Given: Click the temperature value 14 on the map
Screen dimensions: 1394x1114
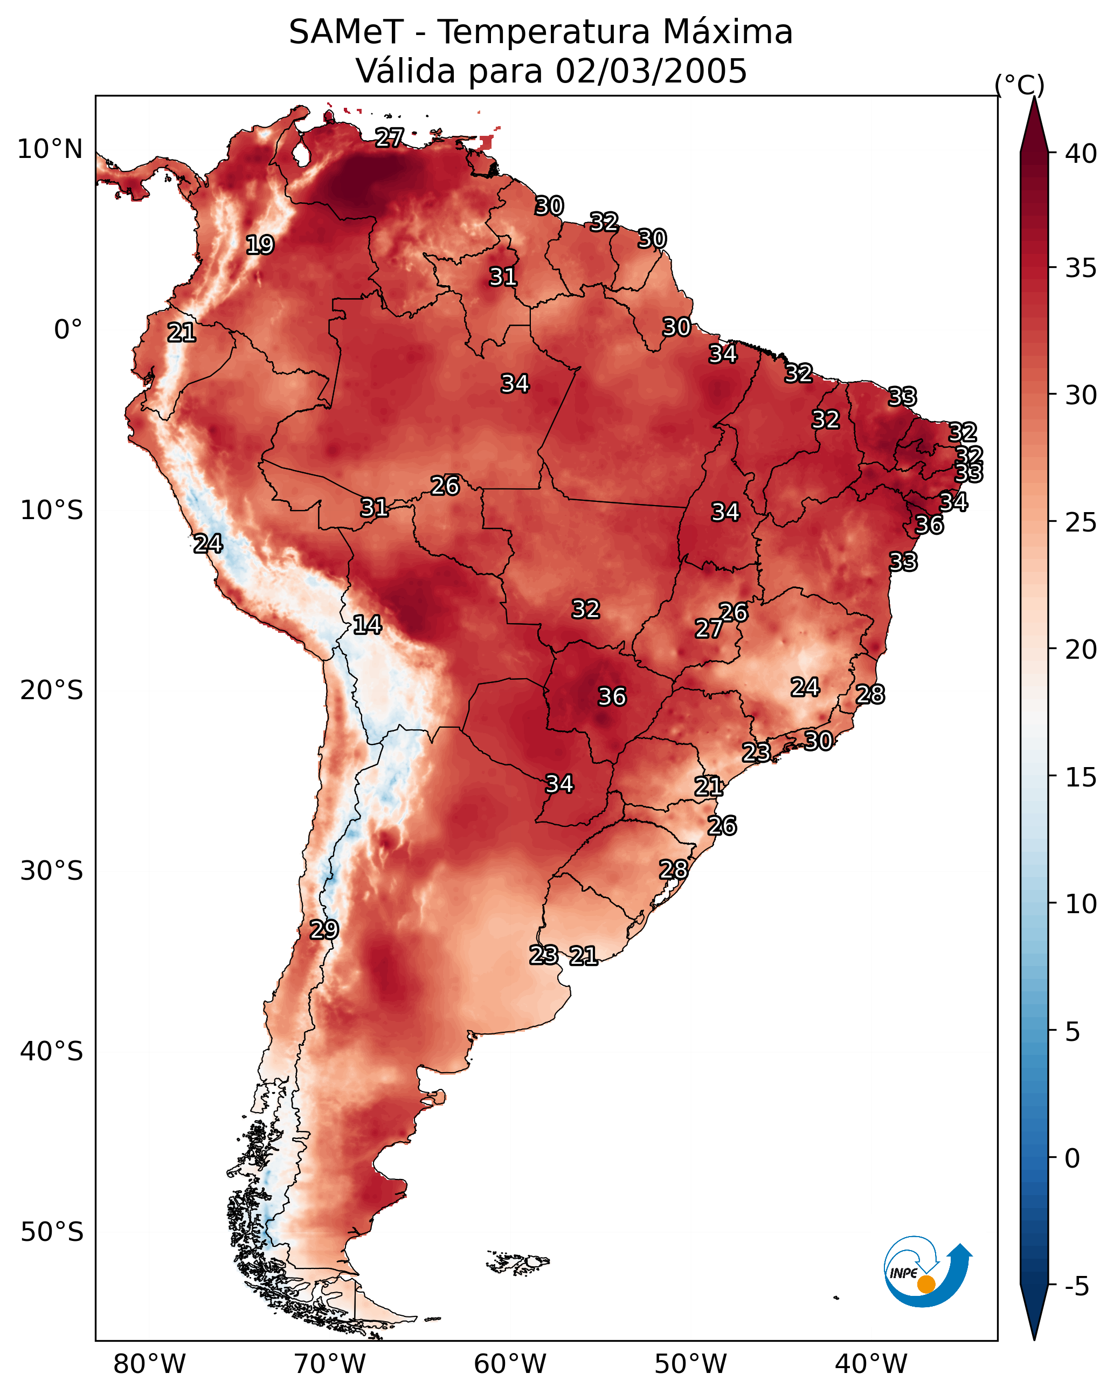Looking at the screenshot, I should click(367, 625).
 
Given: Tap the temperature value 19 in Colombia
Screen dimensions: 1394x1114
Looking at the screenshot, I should click(260, 245).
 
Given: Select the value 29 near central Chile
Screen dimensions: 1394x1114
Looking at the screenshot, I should click(324, 929).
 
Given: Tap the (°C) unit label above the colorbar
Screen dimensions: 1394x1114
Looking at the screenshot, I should click(1020, 85).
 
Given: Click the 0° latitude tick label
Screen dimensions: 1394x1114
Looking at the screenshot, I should click(68, 330).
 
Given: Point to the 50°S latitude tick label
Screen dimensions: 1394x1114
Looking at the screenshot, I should click(52, 1232).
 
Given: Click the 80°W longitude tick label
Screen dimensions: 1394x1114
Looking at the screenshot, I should click(149, 1364).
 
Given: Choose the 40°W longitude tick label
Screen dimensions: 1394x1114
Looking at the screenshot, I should click(871, 1364).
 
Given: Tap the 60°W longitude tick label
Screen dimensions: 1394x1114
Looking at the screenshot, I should click(510, 1364).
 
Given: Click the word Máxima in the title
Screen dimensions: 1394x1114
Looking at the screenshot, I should click(728, 32).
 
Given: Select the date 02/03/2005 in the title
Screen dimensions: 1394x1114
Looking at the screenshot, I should click(651, 71).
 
